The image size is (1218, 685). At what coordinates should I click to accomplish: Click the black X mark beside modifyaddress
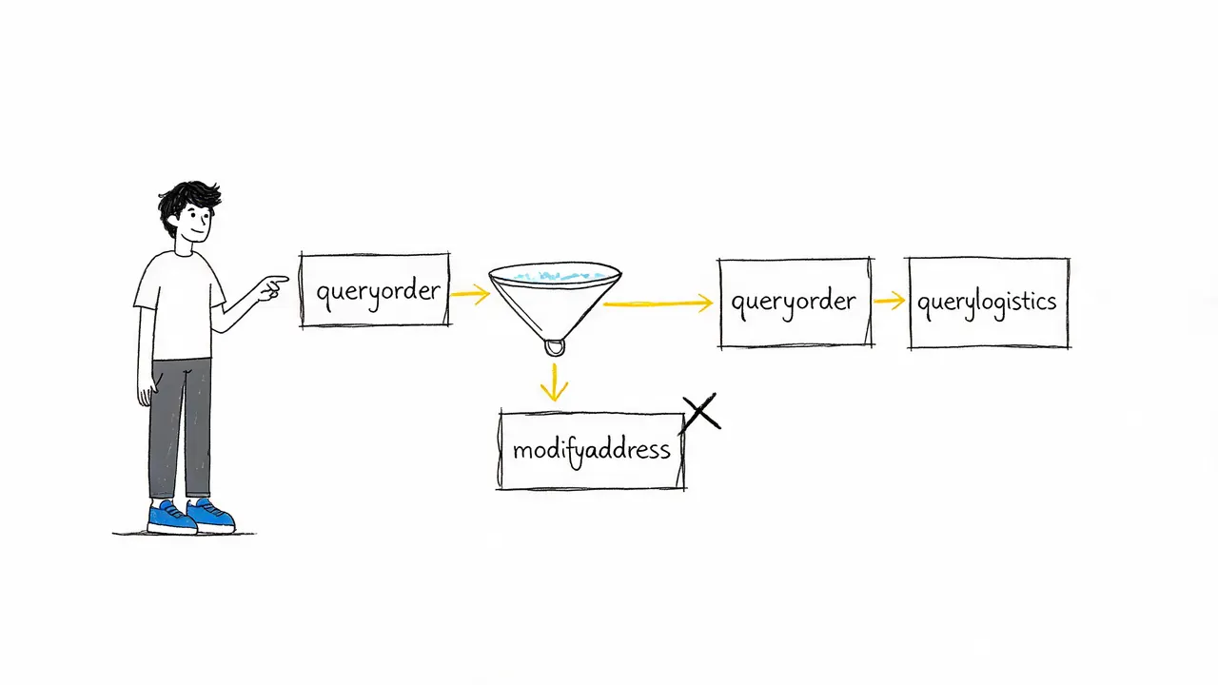pyautogui.click(x=701, y=412)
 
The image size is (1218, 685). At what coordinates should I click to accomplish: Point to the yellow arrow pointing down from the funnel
pyautogui.click(x=554, y=382)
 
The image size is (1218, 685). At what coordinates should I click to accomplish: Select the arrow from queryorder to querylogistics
pyautogui.click(x=890, y=300)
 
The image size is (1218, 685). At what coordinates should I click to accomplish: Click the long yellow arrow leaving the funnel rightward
pyautogui.click(x=658, y=303)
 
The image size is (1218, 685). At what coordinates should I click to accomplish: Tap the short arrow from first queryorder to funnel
pyautogui.click(x=470, y=294)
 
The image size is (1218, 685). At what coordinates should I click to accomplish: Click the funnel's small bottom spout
pyautogui.click(x=555, y=348)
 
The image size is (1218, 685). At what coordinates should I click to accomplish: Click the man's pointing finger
pyautogui.click(x=277, y=281)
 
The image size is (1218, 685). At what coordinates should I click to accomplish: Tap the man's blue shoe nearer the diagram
pyautogui.click(x=211, y=516)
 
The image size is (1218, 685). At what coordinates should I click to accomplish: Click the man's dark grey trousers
pyautogui.click(x=180, y=428)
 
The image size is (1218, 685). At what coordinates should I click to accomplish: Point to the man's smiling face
pyautogui.click(x=197, y=224)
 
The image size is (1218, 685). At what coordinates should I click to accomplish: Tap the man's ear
pyautogui.click(x=173, y=222)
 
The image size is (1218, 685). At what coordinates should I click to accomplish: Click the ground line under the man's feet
pyautogui.click(x=184, y=534)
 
